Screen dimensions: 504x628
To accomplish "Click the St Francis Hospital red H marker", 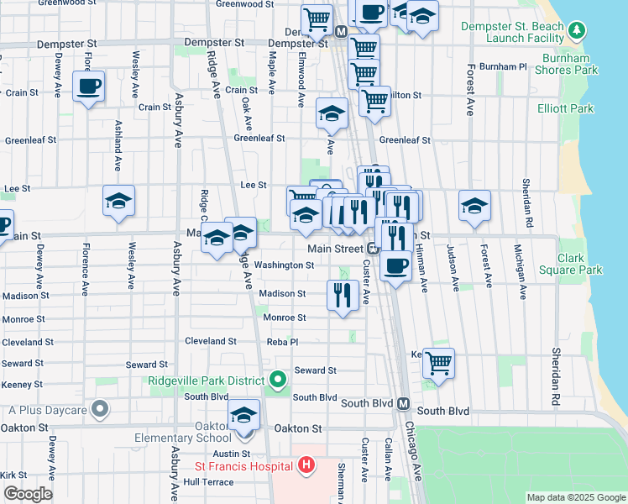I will point(306,465).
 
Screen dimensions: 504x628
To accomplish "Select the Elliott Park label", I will point(565,108).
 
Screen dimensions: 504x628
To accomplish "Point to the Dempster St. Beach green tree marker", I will point(576,31).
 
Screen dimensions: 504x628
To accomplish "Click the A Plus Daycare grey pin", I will point(100,410).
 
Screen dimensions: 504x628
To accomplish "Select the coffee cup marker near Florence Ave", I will point(88,86).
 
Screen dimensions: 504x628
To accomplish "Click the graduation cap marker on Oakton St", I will point(244,415).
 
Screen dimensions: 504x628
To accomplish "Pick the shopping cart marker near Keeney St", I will point(438,363).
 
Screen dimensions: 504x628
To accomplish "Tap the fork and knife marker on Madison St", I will point(343,295).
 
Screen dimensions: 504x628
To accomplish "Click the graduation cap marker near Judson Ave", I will point(474,206).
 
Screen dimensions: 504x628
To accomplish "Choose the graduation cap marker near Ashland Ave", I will point(118,201).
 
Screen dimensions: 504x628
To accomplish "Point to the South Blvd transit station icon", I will point(403,403).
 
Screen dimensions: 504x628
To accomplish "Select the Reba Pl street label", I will point(281,342).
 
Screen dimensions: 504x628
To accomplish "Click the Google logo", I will point(28,494).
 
